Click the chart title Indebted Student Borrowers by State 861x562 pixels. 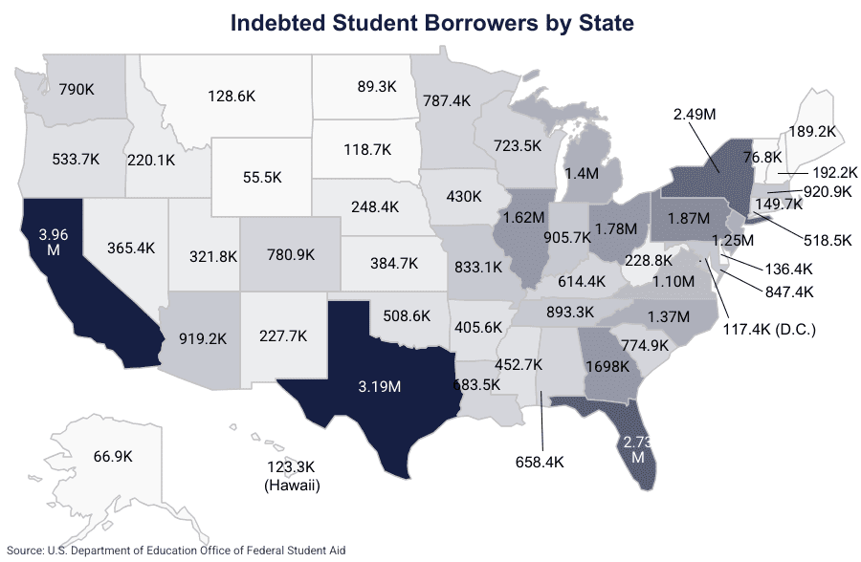[x=430, y=22]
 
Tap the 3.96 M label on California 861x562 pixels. [x=53, y=240]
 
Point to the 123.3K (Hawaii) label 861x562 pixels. [x=291, y=476]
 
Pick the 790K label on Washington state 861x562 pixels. [x=77, y=90]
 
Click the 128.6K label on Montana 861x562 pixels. [x=232, y=96]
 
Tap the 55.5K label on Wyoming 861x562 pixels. [x=262, y=178]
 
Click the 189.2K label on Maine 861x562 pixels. [x=814, y=132]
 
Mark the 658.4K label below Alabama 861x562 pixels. [x=541, y=462]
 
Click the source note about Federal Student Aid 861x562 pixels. [x=176, y=550]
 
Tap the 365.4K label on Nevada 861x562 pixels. [x=125, y=274]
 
